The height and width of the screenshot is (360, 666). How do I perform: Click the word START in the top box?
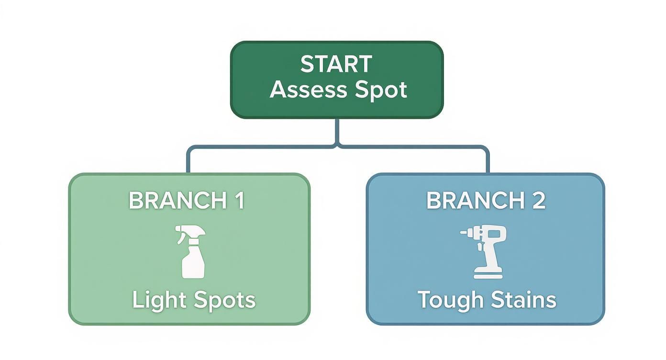click(x=336, y=65)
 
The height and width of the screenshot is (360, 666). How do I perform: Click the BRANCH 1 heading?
click(x=187, y=201)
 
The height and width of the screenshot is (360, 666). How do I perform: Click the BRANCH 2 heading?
click(x=486, y=201)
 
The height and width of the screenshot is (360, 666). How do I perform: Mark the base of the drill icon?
click(x=488, y=274)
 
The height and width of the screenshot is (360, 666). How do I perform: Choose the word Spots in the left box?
click(x=224, y=300)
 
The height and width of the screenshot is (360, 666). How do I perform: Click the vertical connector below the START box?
click(x=337, y=130)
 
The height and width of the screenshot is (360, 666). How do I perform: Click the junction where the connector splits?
click(x=337, y=144)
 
